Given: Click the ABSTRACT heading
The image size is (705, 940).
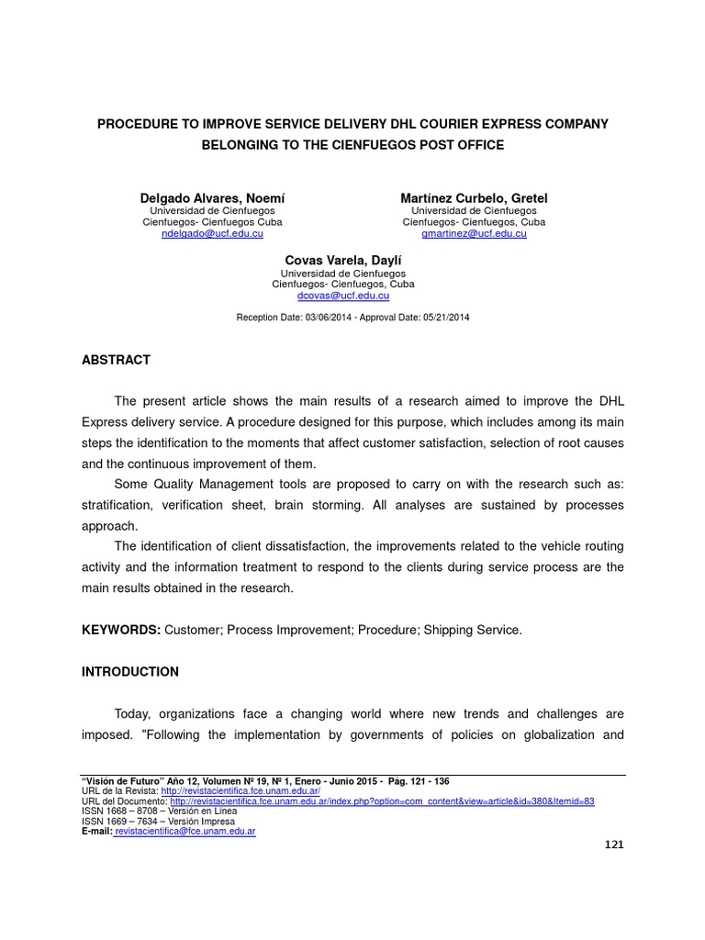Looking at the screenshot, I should coord(116,360).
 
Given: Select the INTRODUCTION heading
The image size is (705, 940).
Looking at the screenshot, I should coord(130,672).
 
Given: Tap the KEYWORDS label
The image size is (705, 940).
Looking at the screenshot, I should coord(121,630).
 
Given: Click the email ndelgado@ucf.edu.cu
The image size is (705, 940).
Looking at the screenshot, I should coord(212,234).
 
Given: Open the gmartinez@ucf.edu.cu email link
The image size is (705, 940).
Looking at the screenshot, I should coord(474,234).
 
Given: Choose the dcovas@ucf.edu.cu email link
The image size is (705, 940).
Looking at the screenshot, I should coord(342,297).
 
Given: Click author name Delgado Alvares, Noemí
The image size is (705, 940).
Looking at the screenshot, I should coord(212,198).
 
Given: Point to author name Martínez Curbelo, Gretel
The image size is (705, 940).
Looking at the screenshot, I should coord(474,198).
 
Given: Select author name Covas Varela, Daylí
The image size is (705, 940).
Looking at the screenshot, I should coord(342,261).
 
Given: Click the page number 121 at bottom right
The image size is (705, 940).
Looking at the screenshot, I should coord(613,845).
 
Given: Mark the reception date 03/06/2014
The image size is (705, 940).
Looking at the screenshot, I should coord(325,317).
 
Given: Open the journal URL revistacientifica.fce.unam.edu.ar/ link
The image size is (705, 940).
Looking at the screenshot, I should coord(241,790).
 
